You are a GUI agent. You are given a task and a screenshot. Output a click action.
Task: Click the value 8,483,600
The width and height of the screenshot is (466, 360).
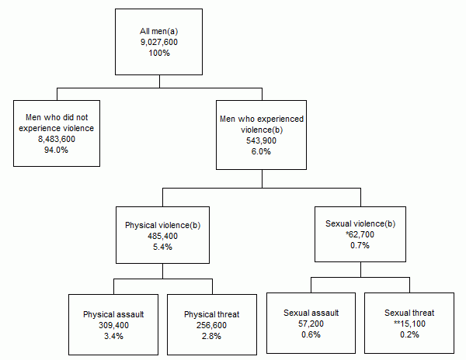(57, 139)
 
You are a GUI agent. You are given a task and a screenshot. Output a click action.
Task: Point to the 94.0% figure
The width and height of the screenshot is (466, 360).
(57, 150)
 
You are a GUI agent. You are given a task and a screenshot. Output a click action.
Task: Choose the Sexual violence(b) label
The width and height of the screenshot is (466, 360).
(360, 223)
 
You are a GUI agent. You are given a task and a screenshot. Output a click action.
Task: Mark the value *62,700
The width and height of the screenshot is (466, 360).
(360, 234)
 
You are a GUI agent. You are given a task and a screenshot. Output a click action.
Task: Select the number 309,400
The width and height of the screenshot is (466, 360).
(113, 326)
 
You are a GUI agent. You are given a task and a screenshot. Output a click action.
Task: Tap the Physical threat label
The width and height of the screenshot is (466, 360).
(211, 315)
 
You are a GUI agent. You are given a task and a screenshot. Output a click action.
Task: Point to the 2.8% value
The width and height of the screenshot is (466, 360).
(211, 337)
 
